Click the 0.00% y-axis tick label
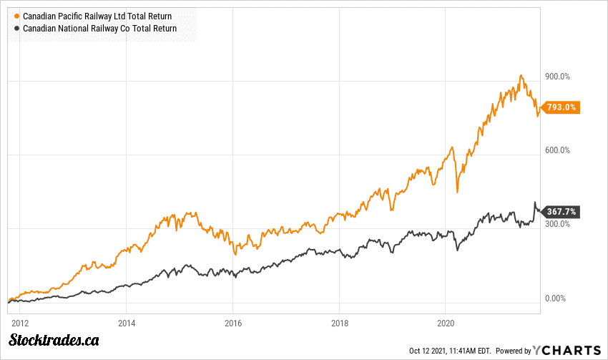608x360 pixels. tap(556, 298)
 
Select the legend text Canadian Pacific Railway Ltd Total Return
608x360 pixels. tap(97, 16)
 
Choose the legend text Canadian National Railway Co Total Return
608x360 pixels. tap(99, 29)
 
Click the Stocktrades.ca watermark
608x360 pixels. tap(52, 341)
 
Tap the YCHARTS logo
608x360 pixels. tap(567, 350)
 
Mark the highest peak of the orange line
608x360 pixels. tap(521, 75)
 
